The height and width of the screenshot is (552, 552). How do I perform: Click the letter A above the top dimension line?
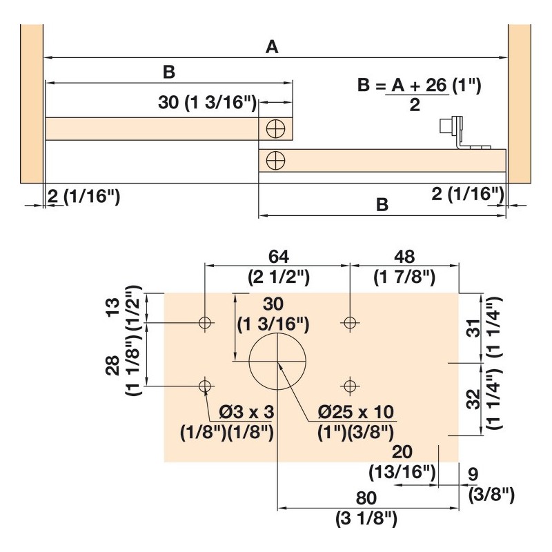272,47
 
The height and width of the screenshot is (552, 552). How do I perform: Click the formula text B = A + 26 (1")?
419,86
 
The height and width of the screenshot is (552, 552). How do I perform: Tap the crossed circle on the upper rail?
275,129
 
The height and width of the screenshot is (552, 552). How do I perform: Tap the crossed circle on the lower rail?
275,161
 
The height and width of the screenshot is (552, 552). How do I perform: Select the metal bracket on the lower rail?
462,133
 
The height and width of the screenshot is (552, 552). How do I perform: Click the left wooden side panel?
32,104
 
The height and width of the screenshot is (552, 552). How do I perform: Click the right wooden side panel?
520,104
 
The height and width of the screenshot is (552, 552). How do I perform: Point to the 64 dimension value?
279,257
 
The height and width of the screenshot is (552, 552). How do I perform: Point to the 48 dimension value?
404,257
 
